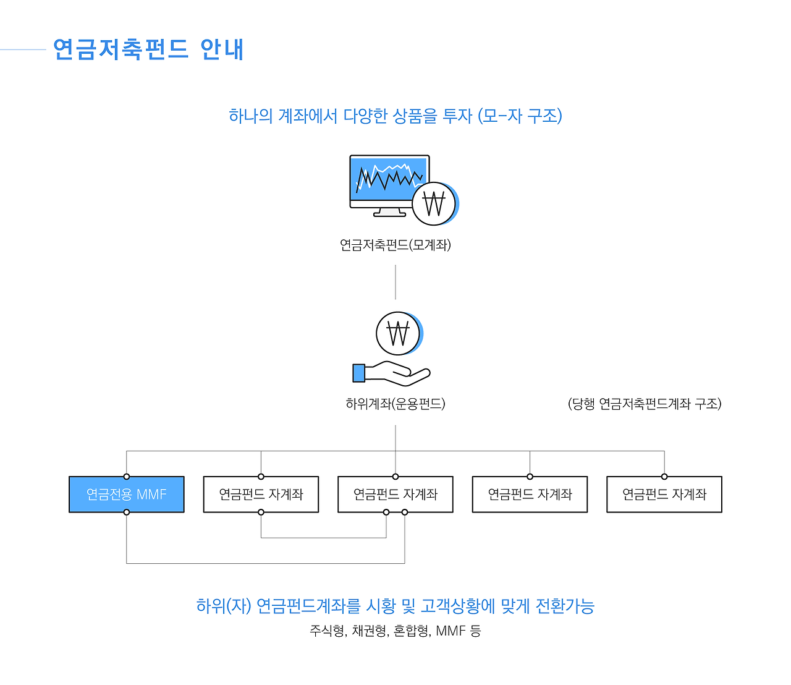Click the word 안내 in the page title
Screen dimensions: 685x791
point(222,49)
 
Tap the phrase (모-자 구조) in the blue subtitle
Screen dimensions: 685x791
point(520,116)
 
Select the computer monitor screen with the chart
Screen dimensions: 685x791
point(388,179)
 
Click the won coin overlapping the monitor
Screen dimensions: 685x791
point(434,203)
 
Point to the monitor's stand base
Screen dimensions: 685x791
point(390,214)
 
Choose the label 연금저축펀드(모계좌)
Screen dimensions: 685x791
point(395,245)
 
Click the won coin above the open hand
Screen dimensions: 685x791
point(398,333)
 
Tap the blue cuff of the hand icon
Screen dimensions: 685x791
point(358,373)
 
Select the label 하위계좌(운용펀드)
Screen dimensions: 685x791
point(395,404)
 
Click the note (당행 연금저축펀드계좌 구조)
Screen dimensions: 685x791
point(645,404)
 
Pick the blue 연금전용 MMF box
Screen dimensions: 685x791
point(127,495)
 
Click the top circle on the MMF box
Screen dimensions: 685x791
point(127,477)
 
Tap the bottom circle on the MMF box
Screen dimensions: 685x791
point(127,512)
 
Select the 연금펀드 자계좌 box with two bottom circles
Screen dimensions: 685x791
point(395,495)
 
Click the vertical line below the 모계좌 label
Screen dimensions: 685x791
point(395,282)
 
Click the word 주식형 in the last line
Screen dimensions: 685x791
point(327,631)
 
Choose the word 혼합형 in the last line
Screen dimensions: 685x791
point(411,631)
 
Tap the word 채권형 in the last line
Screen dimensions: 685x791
point(369,631)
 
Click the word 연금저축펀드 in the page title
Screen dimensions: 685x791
point(121,49)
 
